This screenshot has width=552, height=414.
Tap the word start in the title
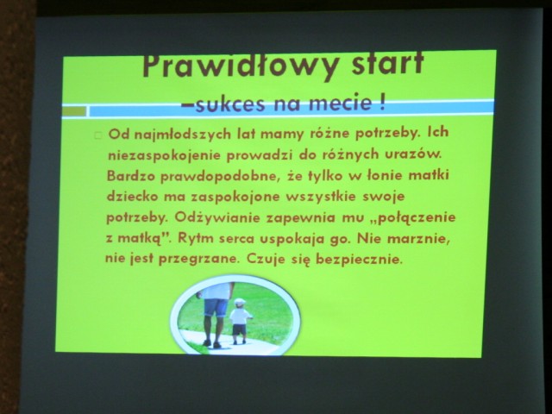(387, 63)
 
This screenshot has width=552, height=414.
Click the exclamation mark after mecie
(382, 103)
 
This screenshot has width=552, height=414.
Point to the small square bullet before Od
(98, 135)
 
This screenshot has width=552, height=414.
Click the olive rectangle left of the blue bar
(74, 111)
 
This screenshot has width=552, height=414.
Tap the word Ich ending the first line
(438, 132)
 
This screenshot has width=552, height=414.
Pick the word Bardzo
(130, 176)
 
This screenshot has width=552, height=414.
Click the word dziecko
(132, 196)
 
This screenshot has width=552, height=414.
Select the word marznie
(418, 239)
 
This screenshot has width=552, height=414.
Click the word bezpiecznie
(359, 259)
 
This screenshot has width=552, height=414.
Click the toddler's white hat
(240, 302)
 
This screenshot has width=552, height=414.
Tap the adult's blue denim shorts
(216, 308)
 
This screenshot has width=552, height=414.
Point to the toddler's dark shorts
(239, 329)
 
